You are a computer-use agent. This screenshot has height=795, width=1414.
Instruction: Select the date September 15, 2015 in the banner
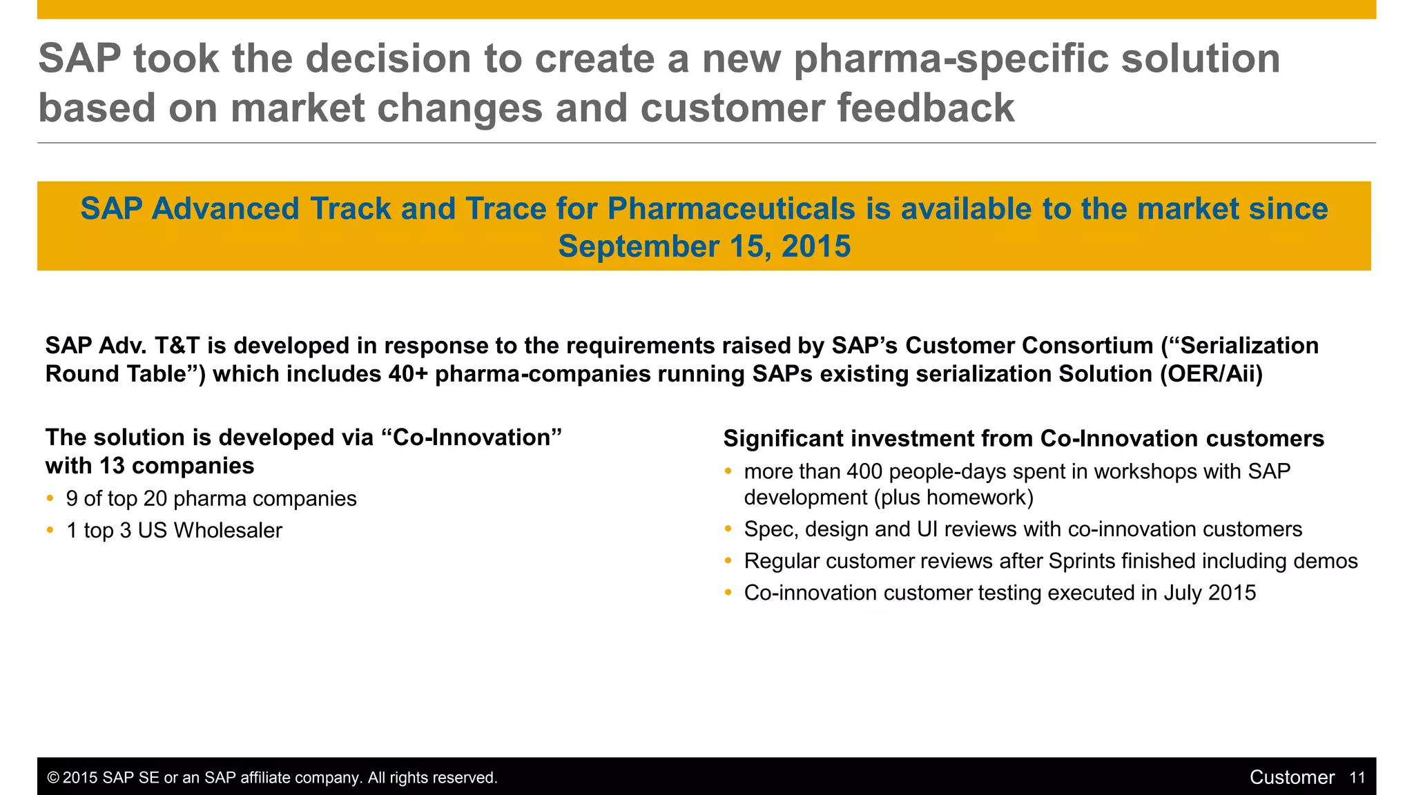pos(704,246)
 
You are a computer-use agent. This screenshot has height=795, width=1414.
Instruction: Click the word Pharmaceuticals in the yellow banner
pos(731,209)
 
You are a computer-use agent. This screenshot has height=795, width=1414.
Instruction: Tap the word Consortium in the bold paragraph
pos(1087,346)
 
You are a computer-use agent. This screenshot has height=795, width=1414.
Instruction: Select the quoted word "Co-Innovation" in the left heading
pos(472,438)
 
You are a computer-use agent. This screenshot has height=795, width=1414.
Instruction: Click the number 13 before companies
pos(111,466)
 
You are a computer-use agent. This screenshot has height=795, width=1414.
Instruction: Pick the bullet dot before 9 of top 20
pos(50,498)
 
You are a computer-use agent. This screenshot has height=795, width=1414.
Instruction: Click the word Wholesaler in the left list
pos(228,531)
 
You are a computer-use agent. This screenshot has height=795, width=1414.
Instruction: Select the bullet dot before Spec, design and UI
pos(728,529)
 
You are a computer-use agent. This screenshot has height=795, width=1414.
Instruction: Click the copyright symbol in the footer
pos(53,778)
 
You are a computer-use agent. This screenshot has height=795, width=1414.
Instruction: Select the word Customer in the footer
pos(1292,778)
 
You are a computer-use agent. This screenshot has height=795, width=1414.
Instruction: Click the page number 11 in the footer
pos(1357,778)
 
